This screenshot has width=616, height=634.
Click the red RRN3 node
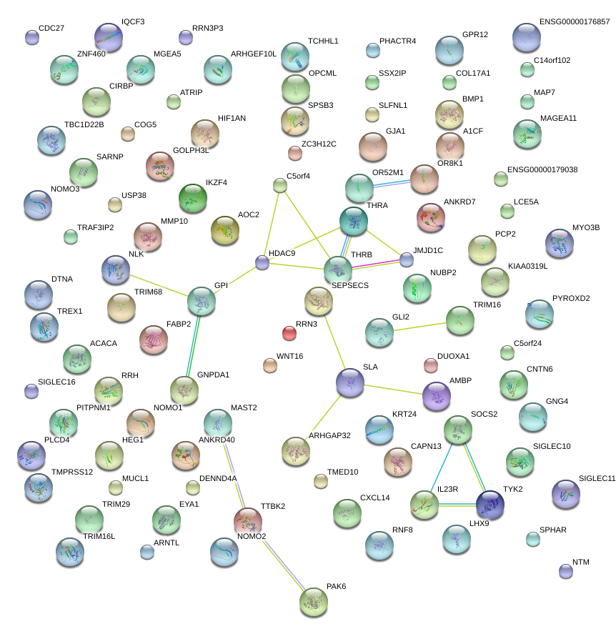[x=289, y=333]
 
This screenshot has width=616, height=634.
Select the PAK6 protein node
[x=314, y=602]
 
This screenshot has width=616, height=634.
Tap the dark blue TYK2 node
[x=490, y=505]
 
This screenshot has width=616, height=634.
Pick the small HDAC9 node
[x=262, y=263]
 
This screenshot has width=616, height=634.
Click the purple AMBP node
[x=437, y=396]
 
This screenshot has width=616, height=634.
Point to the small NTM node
[x=566, y=570]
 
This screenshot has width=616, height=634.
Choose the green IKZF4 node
[x=192, y=198]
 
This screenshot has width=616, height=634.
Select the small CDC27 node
[x=31, y=37]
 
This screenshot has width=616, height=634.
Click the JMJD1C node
[x=407, y=259]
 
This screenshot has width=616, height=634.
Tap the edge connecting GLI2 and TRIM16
[x=420, y=326]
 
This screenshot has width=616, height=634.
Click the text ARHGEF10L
[x=254, y=54]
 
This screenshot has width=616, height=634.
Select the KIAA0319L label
[x=528, y=266]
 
